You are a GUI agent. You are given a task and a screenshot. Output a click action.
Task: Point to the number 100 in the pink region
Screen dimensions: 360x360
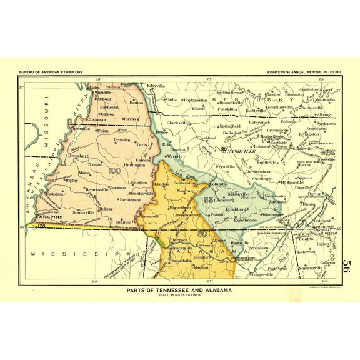(114, 170)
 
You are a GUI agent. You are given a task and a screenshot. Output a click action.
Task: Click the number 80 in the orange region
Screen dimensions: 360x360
(202, 234)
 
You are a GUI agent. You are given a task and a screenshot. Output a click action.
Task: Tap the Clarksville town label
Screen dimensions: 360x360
(178, 122)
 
